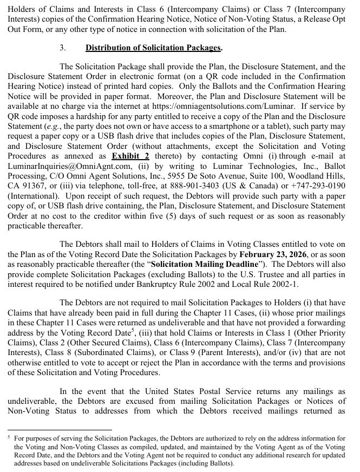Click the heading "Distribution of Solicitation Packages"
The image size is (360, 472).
[153, 48]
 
